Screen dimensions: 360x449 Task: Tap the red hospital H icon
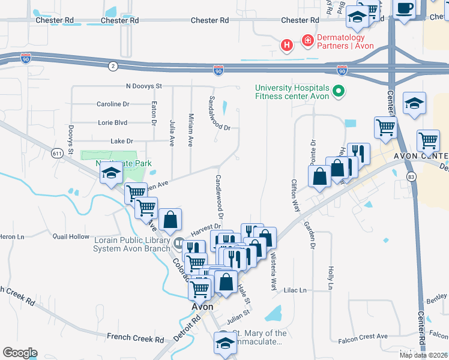click(x=288, y=44)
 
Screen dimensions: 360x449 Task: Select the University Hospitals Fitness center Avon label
click(x=292, y=92)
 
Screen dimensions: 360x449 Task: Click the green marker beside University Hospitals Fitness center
click(x=339, y=92)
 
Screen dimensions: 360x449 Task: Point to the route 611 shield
click(x=58, y=153)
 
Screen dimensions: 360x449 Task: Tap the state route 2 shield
click(x=112, y=65)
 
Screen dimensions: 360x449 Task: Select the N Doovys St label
click(x=144, y=86)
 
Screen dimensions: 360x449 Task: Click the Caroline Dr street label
click(x=113, y=104)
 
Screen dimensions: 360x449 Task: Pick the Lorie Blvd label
click(x=113, y=123)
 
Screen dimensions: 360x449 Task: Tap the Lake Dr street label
click(x=121, y=141)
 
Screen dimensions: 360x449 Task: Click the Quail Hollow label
click(x=71, y=237)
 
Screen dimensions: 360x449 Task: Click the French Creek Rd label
click(x=136, y=339)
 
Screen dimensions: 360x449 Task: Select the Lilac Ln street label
click(x=295, y=290)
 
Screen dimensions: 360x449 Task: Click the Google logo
click(x=19, y=353)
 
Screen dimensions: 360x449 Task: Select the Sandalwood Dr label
click(x=220, y=113)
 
